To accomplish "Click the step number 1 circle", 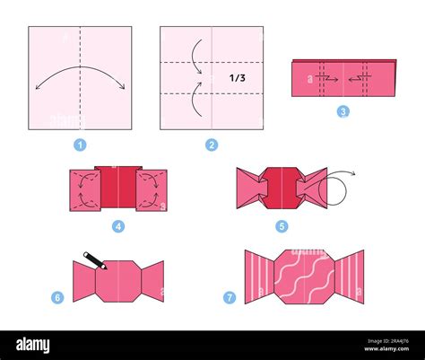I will coord(80,145).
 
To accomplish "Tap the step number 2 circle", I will coord(212,145).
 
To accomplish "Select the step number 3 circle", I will coord(343,111).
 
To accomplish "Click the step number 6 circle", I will coord(56,297).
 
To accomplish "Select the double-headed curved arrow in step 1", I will coord(80,79).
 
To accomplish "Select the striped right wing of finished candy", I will coord(350,277).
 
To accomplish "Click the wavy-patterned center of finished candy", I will coord(304,277).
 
